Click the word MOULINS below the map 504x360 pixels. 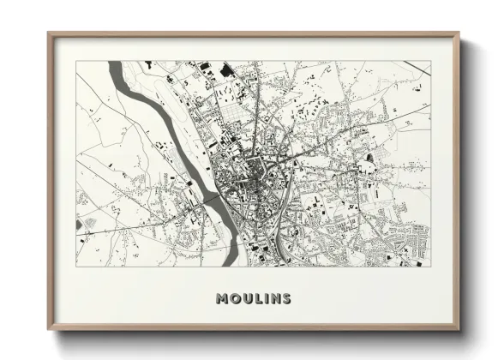pyautogui.click(x=253, y=299)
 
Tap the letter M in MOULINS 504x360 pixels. pyautogui.click(x=222, y=299)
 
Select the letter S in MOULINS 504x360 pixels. pyautogui.click(x=285, y=299)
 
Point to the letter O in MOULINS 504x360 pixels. pyautogui.click(x=234, y=299)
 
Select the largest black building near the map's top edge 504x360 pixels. pyautogui.click(x=227, y=69)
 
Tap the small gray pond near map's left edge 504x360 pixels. pyautogui.click(x=80, y=225)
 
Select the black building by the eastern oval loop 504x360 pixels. pyautogui.click(x=369, y=158)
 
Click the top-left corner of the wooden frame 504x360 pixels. pyautogui.click(x=49, y=34)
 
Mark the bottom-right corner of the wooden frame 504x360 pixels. pyautogui.click(x=459, y=329)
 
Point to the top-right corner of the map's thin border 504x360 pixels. pyautogui.click(x=430, y=61)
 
